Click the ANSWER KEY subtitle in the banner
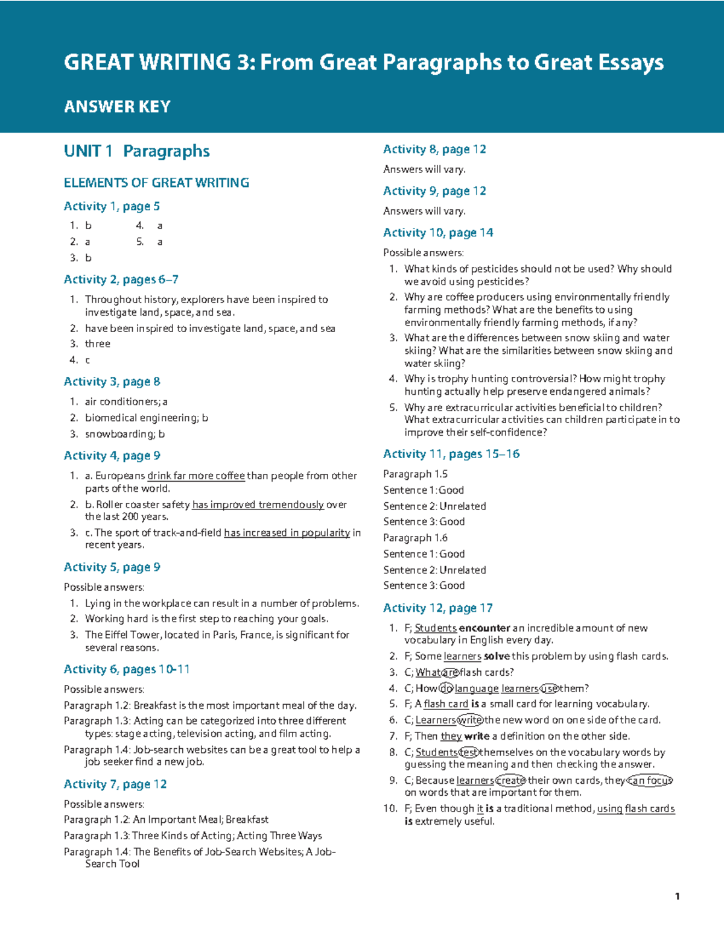(117, 107)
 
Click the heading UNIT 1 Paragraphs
(136, 151)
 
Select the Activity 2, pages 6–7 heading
(121, 279)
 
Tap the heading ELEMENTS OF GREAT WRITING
(156, 183)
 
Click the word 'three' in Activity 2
(98, 344)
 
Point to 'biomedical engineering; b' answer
(147, 418)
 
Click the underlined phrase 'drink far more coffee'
(196, 476)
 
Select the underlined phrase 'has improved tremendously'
(258, 505)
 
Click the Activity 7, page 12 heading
(115, 784)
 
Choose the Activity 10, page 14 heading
(438, 233)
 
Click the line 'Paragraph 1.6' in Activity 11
(415, 538)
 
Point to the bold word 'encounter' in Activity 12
(484, 628)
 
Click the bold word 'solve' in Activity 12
(497, 657)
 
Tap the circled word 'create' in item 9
(510, 781)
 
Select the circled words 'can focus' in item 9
(650, 781)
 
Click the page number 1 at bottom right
(678, 896)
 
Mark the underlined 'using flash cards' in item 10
(636, 809)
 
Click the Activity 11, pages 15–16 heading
(451, 454)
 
